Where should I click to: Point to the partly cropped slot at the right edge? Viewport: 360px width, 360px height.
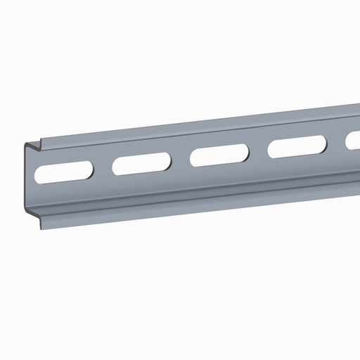tap(354, 141)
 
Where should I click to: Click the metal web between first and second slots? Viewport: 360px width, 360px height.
tap(103, 169)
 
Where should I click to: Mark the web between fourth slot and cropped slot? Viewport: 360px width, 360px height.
tap(337, 143)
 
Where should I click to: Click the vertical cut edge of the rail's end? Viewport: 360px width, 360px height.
tap(27, 179)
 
